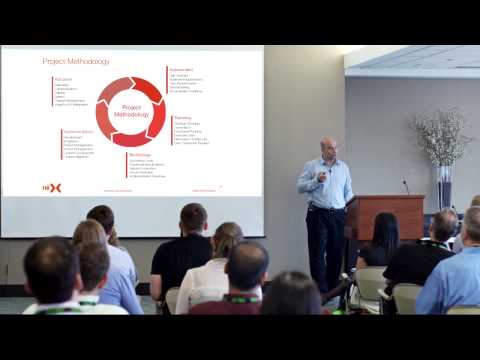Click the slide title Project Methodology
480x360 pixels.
76,61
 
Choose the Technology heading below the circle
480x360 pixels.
140,154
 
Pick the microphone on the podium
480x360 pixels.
406,187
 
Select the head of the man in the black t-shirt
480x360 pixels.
194,218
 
